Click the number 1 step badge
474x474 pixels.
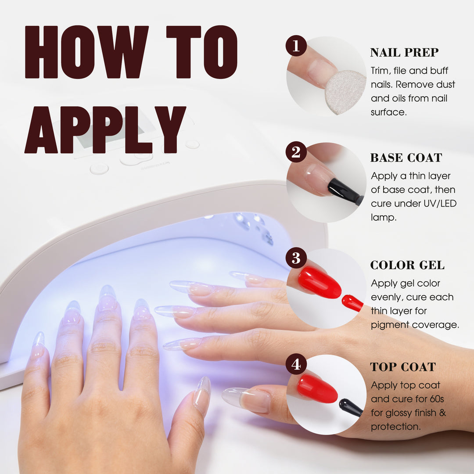[296, 46]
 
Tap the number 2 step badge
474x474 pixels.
[296, 152]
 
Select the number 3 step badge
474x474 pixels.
[296, 258]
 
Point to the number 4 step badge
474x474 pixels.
[296, 364]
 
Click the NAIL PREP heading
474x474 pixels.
[404, 52]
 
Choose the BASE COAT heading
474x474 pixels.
[406, 158]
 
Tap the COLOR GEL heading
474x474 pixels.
[407, 265]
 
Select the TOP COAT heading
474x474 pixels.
[403, 366]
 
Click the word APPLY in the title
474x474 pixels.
[105, 129]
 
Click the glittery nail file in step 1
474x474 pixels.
[345, 92]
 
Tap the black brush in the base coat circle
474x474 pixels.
[345, 191]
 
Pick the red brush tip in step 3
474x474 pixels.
[352, 303]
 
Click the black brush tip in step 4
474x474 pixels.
[351, 407]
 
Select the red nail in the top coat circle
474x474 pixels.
[317, 388]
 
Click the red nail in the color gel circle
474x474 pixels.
[320, 282]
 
